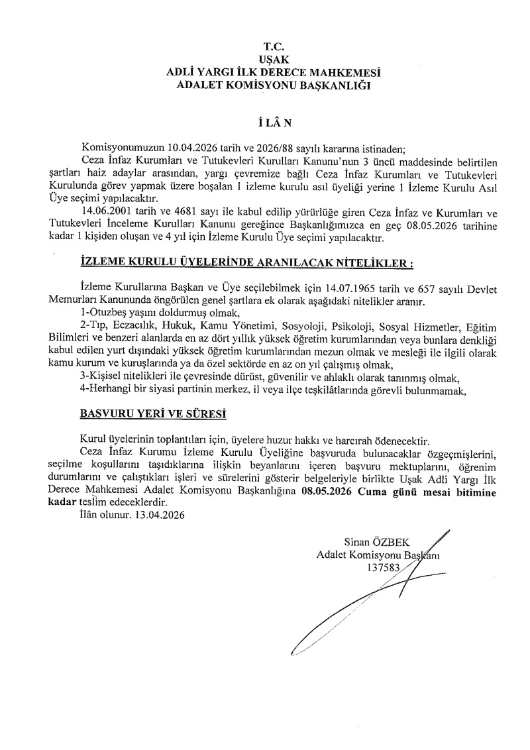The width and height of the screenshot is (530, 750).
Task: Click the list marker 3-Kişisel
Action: pos(100,377)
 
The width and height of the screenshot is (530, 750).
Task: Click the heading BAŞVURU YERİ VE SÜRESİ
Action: pos(153,415)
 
